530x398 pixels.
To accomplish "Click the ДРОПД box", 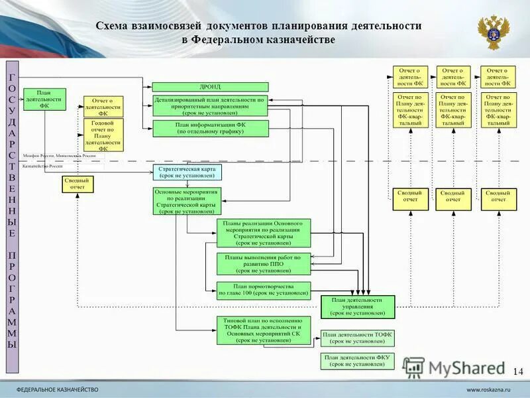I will [x=210, y=87].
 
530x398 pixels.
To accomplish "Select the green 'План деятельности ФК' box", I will [x=44, y=99].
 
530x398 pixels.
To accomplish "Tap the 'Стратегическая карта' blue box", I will [x=188, y=172].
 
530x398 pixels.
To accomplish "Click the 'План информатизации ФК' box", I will [x=210, y=128].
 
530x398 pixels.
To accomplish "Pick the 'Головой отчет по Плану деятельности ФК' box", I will [x=103, y=135].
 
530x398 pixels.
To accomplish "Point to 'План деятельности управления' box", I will [x=358, y=306].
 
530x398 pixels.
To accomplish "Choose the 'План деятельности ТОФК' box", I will [x=357, y=338].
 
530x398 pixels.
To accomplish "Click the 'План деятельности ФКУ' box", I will [x=357, y=360].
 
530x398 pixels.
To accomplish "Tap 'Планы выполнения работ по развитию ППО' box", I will [x=263, y=264].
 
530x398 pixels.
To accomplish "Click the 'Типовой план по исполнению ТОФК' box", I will [x=263, y=330].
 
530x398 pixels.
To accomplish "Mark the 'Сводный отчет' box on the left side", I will [x=78, y=184].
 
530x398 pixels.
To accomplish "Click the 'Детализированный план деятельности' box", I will [x=210, y=106].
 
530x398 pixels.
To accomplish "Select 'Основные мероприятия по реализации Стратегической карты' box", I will [x=187, y=201].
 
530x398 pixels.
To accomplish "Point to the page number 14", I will [x=517, y=370].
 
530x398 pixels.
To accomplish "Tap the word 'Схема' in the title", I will [x=111, y=26].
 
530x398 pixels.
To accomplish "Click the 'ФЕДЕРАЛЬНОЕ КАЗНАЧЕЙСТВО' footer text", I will [x=57, y=389].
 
